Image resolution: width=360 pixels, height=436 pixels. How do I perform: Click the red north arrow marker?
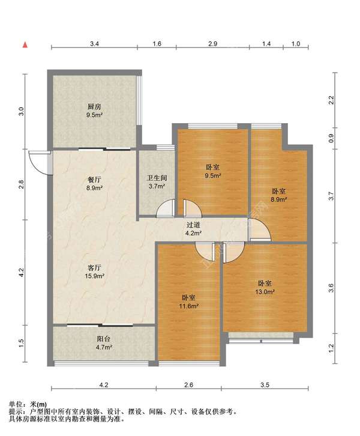(x=25, y=44)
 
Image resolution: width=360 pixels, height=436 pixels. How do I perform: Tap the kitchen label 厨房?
(x=94, y=107)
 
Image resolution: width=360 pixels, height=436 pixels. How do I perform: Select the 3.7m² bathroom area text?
(x=157, y=186)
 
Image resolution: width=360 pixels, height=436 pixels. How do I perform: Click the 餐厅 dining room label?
(x=94, y=180)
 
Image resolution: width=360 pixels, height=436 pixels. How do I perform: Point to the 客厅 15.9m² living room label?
(x=94, y=271)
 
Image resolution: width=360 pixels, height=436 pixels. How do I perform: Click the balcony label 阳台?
(x=103, y=339)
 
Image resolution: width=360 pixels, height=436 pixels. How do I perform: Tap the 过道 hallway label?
(x=193, y=225)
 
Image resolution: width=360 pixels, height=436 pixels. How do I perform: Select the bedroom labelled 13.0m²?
(x=265, y=288)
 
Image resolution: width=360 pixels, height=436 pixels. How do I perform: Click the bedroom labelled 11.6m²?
(x=188, y=302)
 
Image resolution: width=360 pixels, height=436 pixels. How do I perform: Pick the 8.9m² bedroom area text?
(x=279, y=199)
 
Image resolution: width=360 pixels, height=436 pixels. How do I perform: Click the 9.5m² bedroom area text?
(x=213, y=175)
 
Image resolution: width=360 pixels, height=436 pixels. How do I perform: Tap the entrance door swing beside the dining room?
(x=39, y=163)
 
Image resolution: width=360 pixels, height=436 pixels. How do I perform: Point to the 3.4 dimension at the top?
(x=94, y=44)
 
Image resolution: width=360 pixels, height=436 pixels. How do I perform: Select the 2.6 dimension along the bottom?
(x=188, y=385)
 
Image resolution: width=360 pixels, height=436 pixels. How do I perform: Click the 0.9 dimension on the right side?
(x=331, y=139)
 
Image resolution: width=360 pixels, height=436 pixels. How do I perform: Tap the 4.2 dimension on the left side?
(x=22, y=272)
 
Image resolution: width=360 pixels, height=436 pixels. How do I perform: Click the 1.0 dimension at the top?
(x=296, y=44)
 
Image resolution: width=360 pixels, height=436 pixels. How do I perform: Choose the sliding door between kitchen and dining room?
(x=105, y=150)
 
